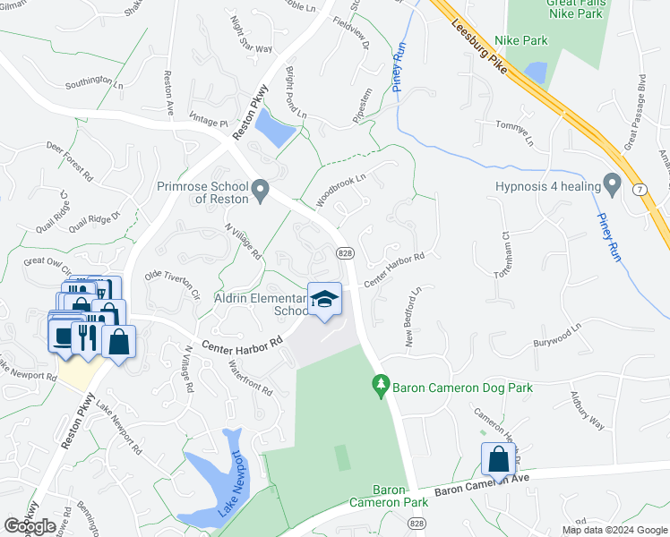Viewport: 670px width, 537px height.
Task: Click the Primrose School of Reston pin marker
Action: point(261,190)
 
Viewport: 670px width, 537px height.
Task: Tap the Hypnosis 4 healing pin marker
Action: point(613,186)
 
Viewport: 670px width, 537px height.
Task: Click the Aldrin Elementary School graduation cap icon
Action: point(324,300)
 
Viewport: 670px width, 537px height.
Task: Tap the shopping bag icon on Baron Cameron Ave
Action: point(499,459)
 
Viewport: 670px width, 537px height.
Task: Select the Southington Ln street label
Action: point(93,86)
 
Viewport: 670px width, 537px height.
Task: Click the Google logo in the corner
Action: point(30,526)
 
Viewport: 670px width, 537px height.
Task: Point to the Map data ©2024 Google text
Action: point(614,530)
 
